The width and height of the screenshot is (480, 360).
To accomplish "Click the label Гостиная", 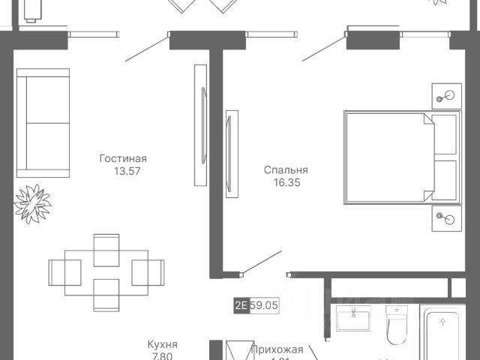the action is (x=123, y=158).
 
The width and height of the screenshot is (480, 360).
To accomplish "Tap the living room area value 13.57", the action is (x=123, y=171).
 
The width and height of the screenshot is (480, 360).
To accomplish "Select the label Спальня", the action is (x=286, y=169).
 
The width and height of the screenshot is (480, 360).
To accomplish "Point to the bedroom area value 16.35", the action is (x=286, y=181).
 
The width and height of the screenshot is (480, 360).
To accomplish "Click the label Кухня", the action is (x=162, y=345).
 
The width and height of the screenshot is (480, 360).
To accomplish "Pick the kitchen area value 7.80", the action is (x=162, y=357).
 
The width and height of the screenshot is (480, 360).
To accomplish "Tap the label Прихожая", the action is (x=277, y=349).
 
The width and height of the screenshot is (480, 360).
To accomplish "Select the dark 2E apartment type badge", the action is (x=241, y=306).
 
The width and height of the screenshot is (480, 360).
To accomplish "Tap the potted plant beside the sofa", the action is (x=33, y=200).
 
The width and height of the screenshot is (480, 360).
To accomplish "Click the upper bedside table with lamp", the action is (x=447, y=95).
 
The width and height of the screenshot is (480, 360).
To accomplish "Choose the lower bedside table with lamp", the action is (x=447, y=219).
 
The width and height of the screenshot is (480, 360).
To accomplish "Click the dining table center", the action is (x=106, y=268).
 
